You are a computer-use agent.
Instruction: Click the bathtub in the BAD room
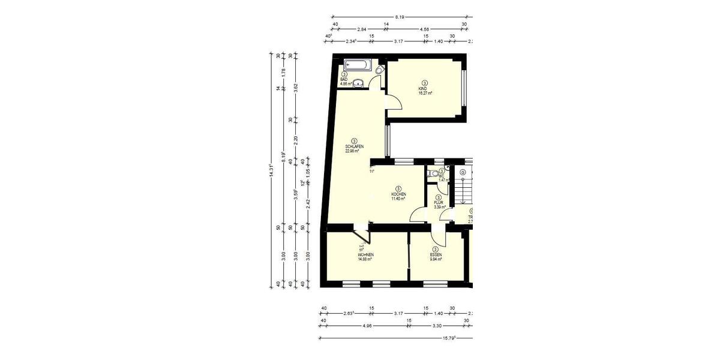pos(358,65)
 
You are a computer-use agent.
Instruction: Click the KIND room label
pos(425,89)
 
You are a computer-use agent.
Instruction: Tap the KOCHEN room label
pos(399,194)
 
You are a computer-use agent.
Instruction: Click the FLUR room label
pos(438,203)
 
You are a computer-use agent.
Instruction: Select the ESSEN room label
pos(436,255)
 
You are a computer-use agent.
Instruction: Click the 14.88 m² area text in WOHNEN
pos(366,260)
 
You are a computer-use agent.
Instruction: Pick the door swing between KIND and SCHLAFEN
pos(394,104)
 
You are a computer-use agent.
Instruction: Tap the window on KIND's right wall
pos(464,88)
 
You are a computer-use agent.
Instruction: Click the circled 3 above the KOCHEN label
pos(399,188)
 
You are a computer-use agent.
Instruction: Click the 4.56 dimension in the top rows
pos(424,29)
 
